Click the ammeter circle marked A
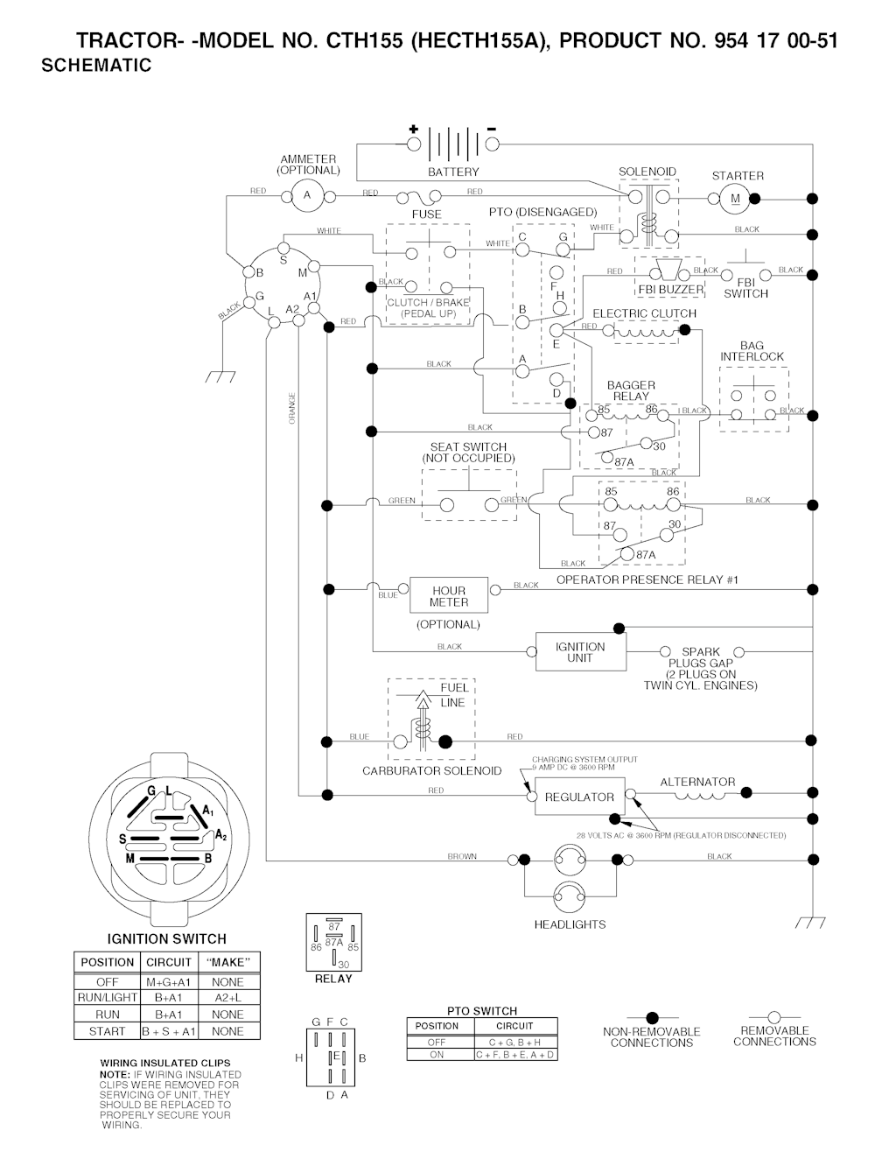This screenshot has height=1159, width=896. click(307, 195)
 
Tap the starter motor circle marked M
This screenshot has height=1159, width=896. click(735, 199)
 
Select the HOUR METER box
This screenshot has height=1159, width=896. click(449, 596)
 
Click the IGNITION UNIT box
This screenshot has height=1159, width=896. click(580, 652)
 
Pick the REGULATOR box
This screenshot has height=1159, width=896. click(579, 797)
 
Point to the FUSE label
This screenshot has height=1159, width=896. click(427, 214)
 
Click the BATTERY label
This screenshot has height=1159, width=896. click(453, 172)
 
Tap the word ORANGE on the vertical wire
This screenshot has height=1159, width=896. click(292, 409)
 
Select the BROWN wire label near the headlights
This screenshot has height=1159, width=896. click(462, 856)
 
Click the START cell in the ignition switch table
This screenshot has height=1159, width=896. click(108, 1031)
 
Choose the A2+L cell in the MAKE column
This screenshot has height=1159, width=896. click(227, 997)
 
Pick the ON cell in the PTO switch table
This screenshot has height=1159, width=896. click(437, 1055)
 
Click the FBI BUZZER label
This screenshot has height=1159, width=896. click(670, 290)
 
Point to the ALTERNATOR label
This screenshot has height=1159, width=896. click(697, 782)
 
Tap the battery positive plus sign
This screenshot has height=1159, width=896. click(413, 129)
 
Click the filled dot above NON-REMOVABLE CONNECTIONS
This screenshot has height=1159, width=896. click(651, 1017)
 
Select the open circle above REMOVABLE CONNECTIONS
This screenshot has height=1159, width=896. click(773, 1016)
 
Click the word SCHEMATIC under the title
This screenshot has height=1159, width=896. click(96, 66)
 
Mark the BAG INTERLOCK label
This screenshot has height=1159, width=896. click(752, 351)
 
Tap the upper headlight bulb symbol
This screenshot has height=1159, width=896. click(570, 860)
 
